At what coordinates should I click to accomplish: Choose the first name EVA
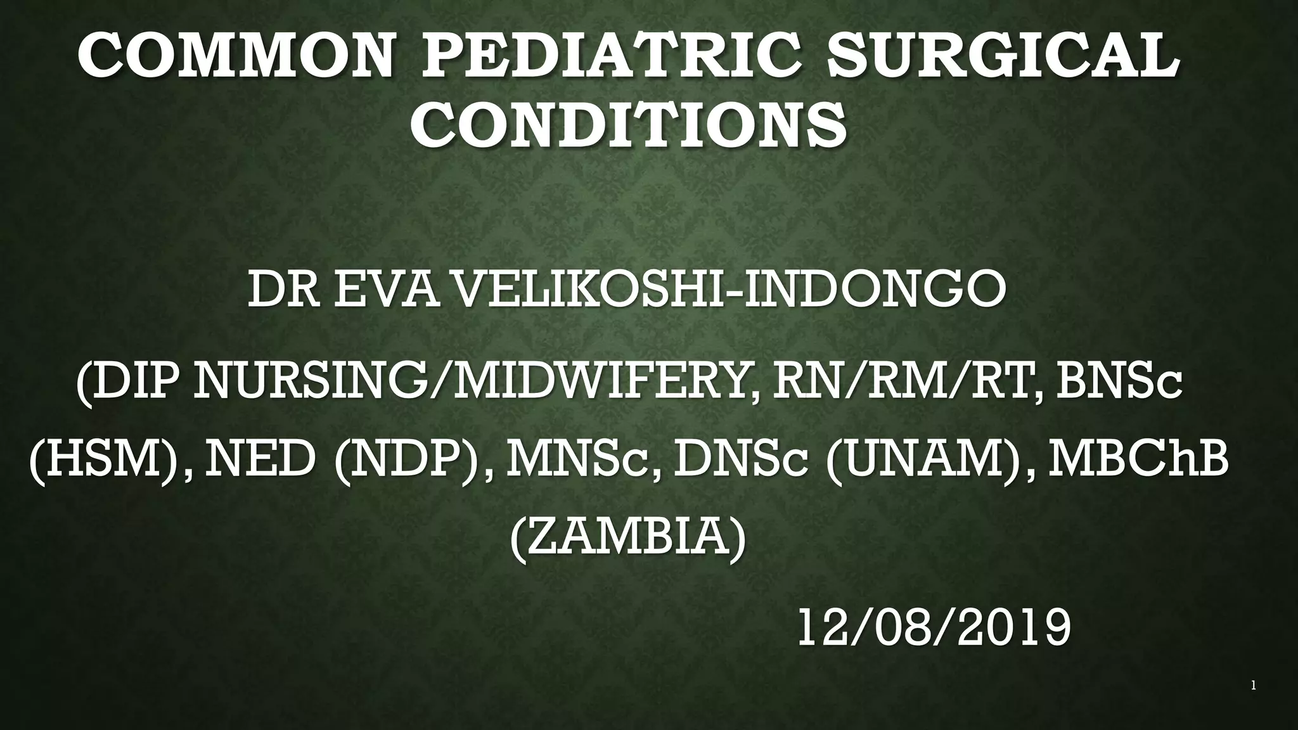click(386, 289)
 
